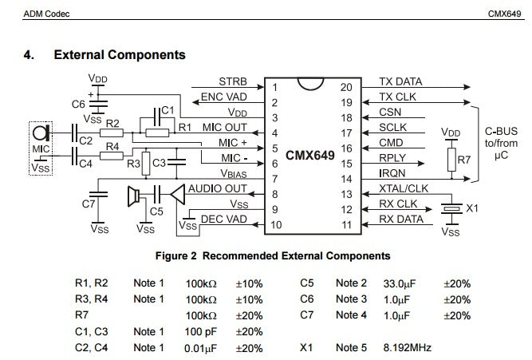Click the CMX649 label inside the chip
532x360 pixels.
(309, 156)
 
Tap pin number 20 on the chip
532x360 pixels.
(346, 88)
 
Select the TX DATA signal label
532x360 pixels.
(400, 82)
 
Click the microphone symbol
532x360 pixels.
(41, 133)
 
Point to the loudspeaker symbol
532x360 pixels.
(133, 196)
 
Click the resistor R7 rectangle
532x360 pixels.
(451, 160)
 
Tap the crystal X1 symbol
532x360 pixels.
(451, 208)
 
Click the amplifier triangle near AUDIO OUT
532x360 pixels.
(177, 195)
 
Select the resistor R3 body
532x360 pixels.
(146, 164)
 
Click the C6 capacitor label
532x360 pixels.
(78, 105)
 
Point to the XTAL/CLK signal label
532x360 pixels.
(404, 188)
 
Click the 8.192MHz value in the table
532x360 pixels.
(407, 348)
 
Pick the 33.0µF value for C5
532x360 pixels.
(400, 283)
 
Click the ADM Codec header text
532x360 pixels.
(46, 14)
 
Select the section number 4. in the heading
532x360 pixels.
(29, 55)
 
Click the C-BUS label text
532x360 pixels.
(501, 131)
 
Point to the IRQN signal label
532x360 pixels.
(392, 173)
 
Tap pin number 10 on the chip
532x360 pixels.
(276, 225)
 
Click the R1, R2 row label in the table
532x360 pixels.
(91, 283)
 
